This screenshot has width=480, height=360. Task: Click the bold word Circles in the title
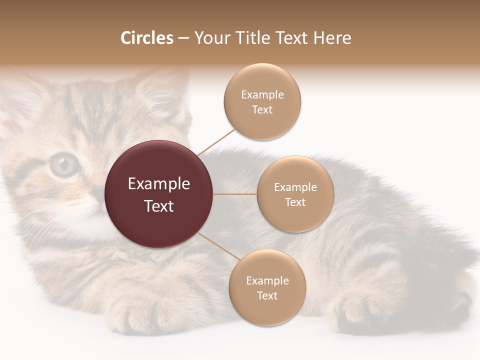click(146, 38)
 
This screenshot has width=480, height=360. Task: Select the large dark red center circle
click(159, 194)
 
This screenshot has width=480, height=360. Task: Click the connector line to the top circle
click(216, 141)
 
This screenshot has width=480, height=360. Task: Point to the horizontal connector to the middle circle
click(235, 194)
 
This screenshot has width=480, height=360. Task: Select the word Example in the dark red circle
click(159, 184)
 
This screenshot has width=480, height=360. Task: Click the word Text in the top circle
click(262, 110)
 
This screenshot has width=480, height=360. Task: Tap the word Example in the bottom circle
click(267, 281)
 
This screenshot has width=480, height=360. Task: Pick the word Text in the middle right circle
click(295, 202)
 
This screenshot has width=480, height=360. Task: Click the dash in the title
click(183, 38)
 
